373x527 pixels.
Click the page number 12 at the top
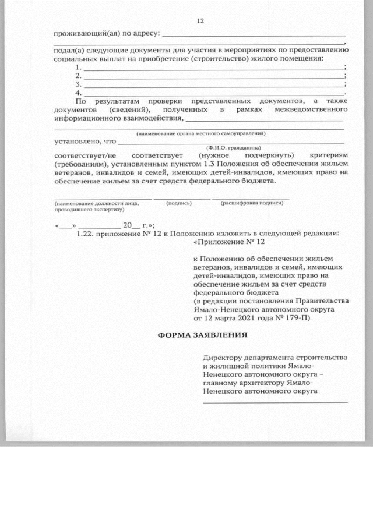(200, 21)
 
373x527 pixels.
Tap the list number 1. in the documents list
(79, 68)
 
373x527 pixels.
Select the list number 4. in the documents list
(79, 93)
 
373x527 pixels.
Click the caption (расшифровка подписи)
(252, 203)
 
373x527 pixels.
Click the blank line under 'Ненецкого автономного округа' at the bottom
(275, 401)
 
